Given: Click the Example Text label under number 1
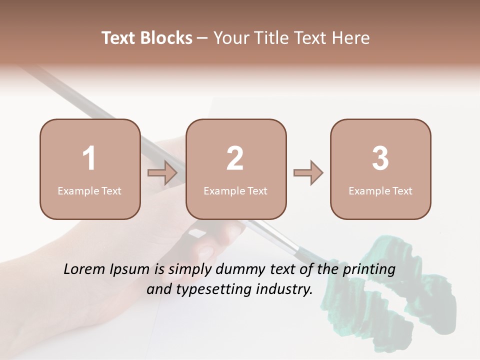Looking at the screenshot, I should (x=89, y=190).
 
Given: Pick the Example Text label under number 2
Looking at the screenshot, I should (x=235, y=190).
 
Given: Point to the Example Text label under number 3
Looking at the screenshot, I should (x=380, y=190).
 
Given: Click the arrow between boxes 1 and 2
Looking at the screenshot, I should (x=163, y=173).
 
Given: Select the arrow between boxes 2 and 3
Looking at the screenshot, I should (x=308, y=173).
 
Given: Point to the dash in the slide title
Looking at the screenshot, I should (x=202, y=38).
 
